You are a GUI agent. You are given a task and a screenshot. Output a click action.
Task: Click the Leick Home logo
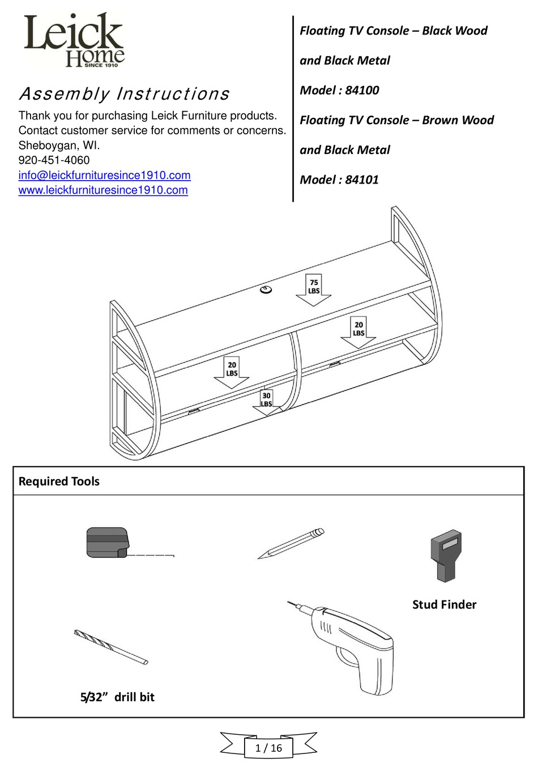(74, 41)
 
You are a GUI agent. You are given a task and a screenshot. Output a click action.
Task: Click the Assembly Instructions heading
(124, 94)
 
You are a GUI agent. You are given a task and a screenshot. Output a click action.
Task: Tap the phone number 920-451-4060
(54, 160)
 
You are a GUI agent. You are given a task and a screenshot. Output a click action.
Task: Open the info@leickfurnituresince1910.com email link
(104, 176)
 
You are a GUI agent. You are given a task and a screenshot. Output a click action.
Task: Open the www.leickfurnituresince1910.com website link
(103, 190)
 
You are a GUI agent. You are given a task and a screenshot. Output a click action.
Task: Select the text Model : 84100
(339, 90)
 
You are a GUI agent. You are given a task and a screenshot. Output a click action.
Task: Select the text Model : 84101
(339, 180)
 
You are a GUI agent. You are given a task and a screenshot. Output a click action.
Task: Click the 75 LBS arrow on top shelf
(313, 289)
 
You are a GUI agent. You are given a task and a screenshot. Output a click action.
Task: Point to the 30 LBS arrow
(266, 402)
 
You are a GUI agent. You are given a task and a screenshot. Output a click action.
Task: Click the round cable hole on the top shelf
(265, 291)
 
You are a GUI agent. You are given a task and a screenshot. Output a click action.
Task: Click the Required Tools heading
(59, 482)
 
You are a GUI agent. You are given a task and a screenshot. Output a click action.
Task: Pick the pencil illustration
(291, 544)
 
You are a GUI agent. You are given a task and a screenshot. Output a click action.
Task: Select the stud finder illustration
(446, 556)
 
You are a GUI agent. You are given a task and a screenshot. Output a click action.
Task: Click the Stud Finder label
(444, 604)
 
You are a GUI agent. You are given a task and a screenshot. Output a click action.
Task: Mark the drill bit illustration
(111, 647)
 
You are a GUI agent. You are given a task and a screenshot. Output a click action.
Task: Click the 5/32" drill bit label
(117, 697)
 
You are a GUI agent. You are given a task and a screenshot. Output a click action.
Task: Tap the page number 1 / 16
(268, 748)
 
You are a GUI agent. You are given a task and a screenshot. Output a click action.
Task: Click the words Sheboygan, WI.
(59, 146)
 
